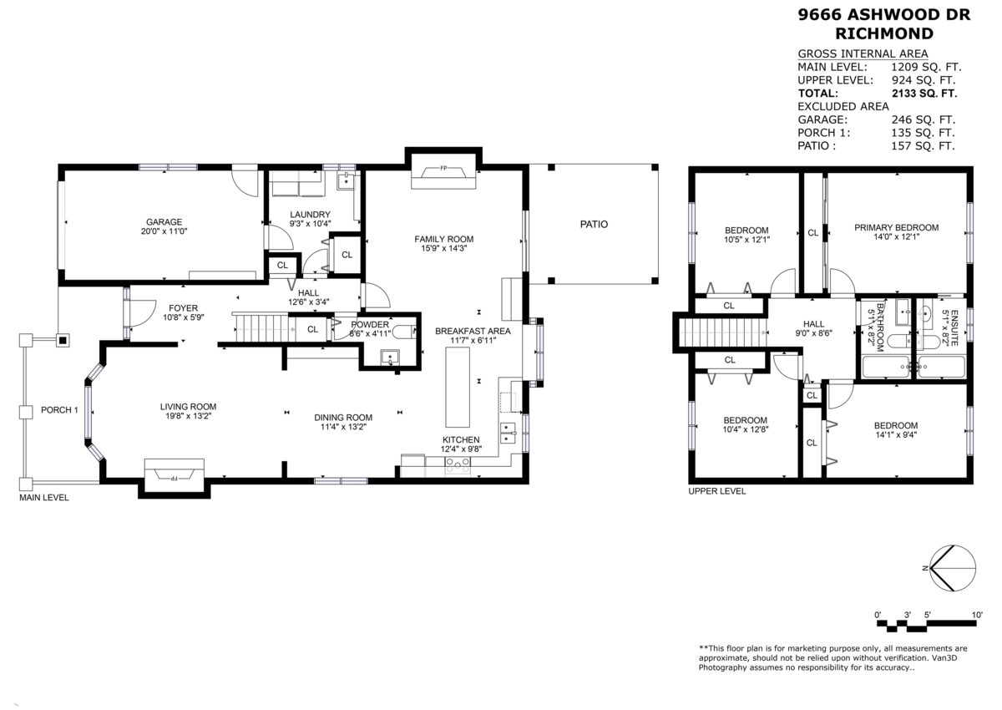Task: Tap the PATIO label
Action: [594, 224]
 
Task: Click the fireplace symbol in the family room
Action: [443, 172]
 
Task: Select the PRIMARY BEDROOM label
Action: [896, 227]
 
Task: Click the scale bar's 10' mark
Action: [976, 615]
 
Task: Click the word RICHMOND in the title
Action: [884, 33]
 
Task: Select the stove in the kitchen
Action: [457, 465]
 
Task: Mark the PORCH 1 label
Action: [59, 410]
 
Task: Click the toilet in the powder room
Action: [402, 332]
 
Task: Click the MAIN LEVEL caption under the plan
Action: [44, 498]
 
